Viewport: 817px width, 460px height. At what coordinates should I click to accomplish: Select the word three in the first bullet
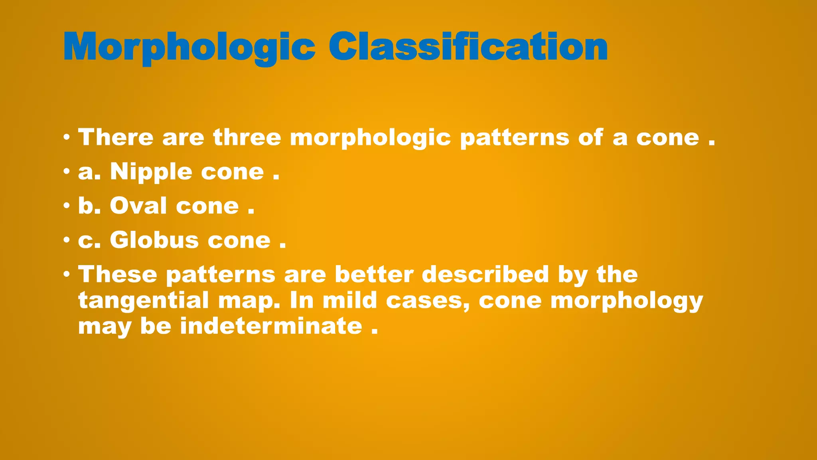[247, 137]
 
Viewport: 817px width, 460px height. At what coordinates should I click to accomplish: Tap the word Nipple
[151, 172]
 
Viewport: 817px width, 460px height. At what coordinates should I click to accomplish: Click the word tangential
[143, 300]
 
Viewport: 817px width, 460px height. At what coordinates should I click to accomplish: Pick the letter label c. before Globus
[89, 241]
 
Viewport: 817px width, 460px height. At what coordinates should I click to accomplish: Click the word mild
[349, 300]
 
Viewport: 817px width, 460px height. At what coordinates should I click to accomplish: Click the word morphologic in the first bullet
[370, 138]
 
